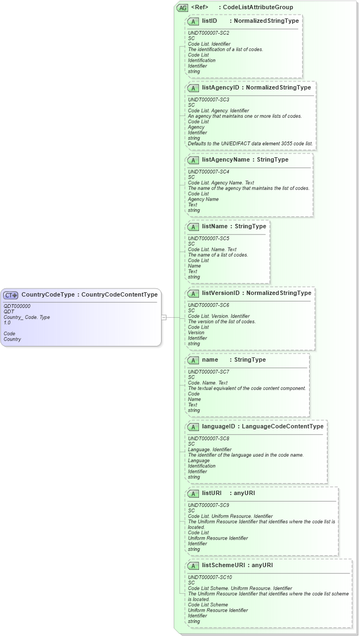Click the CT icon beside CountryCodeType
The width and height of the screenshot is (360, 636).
click(11, 295)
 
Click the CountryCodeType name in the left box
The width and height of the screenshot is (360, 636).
click(47, 295)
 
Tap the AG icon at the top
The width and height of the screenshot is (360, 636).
click(182, 8)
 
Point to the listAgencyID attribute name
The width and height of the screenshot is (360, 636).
click(220, 87)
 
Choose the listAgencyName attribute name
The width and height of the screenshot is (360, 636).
click(226, 160)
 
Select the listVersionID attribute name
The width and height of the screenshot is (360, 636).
click(220, 293)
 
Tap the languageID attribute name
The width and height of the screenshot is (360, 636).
click(218, 427)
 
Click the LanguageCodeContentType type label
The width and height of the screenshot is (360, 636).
click(282, 427)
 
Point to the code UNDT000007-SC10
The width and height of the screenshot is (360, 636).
click(210, 577)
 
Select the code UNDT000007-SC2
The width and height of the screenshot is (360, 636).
click(208, 33)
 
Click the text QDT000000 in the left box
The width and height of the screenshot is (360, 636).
click(17, 306)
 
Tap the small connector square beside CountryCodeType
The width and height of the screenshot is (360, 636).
click(164, 317)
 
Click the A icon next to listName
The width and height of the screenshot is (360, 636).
click(193, 227)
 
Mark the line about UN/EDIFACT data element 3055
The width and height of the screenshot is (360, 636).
click(250, 144)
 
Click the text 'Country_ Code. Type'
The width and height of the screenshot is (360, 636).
click(27, 317)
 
